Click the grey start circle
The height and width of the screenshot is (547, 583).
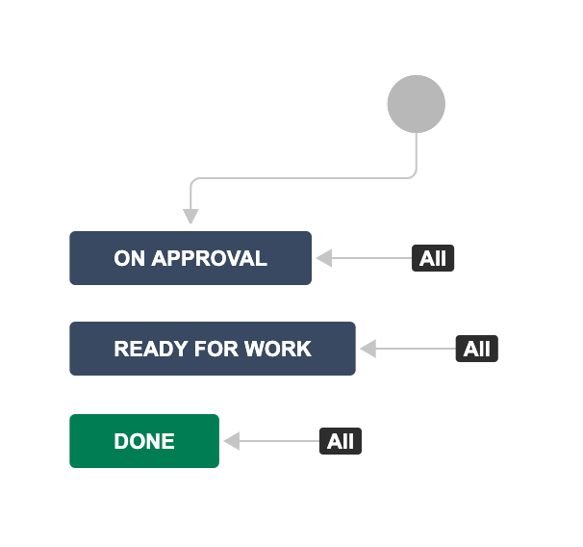tap(416, 104)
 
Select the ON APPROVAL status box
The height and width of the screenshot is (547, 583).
tap(190, 258)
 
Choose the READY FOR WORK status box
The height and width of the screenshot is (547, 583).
tap(213, 349)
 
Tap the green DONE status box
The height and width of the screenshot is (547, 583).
tap(144, 441)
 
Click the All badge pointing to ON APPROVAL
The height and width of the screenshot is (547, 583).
tap(433, 258)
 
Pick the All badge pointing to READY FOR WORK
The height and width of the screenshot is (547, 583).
tap(476, 349)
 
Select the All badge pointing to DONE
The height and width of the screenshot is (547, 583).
tap(341, 441)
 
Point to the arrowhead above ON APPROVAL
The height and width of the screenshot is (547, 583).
tap(190, 216)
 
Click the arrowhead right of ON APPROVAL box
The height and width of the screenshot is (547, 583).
tap(324, 258)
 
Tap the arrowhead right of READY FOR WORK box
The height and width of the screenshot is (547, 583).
tap(368, 349)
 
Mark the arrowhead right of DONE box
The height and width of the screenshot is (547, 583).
tap(232, 441)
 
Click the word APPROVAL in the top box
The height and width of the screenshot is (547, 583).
tap(210, 258)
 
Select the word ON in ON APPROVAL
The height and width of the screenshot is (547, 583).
tap(129, 258)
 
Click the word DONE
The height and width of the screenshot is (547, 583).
tap(144, 441)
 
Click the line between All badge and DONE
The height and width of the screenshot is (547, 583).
tap(279, 441)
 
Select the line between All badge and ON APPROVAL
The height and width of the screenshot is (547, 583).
tap(371, 258)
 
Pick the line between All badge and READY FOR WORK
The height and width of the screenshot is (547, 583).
tap(416, 349)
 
